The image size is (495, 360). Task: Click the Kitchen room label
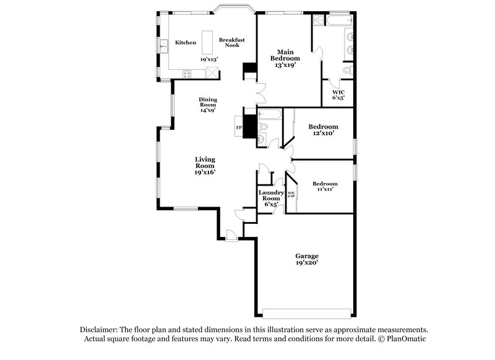[x=186, y=43]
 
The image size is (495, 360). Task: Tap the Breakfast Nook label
[x=232, y=43]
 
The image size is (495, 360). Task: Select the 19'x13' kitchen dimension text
[x=209, y=59]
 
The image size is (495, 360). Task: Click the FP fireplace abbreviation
[x=239, y=128]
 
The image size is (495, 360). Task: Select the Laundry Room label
[x=271, y=195]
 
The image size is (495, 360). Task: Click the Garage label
[x=307, y=255]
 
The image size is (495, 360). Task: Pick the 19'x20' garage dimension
[x=307, y=263]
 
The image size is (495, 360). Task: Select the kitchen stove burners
[x=186, y=74]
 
